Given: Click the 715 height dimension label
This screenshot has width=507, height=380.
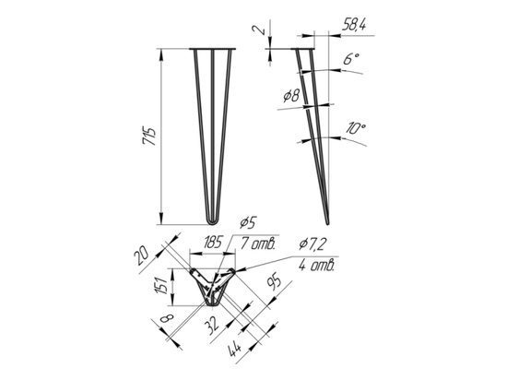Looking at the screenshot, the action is pos(148,137).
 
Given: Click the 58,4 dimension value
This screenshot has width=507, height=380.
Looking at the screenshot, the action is pos(353,25).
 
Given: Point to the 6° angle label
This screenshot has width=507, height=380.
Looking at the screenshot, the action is pos(351,59).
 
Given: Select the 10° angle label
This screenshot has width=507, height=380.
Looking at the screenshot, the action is pos(355,128).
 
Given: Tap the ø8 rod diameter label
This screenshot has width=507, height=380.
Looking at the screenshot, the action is pos(291,96).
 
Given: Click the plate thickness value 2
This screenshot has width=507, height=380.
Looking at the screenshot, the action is pos(260,30).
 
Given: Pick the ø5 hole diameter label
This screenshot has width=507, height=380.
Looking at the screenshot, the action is pos(248,222).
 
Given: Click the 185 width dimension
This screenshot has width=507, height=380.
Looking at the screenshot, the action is pos(212,242).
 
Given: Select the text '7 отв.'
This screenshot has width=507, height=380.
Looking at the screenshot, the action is pos(257,243).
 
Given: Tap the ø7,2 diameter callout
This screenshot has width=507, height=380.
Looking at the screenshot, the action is pos(312,244).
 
